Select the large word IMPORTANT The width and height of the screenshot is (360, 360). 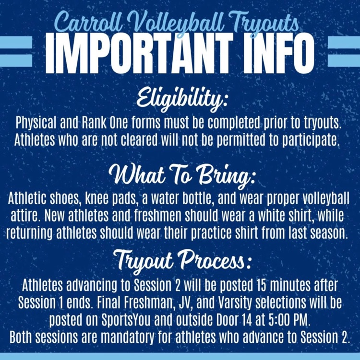140,53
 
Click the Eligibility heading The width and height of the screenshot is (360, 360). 181,100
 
